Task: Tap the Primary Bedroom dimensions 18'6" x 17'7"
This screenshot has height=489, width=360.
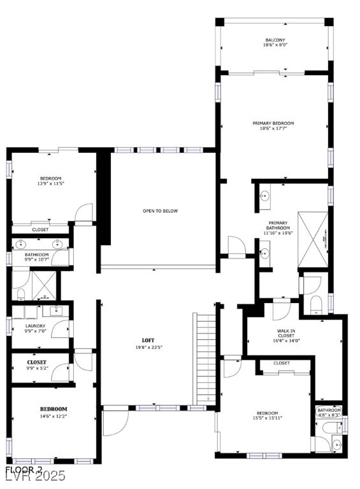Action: coord(277,129)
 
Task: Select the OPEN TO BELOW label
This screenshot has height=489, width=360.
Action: coord(160,211)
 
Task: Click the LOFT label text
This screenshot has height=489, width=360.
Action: coord(148,340)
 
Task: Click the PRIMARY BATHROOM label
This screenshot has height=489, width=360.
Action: coord(278,225)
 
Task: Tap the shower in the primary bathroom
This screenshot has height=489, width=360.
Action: coord(315,239)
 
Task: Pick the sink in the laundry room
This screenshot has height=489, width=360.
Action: coord(55,310)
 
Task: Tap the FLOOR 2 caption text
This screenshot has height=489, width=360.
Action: coord(24,469)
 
